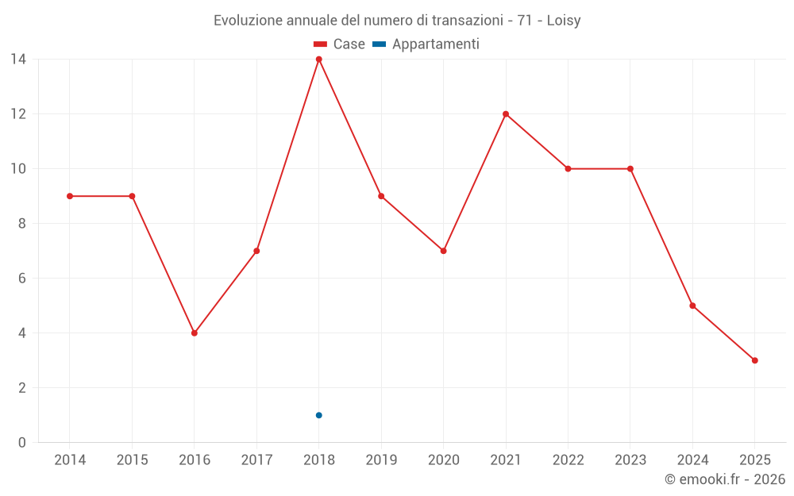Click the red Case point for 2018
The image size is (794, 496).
[318, 60]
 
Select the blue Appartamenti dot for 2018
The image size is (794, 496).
[318, 415]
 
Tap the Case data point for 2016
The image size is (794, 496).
[194, 333]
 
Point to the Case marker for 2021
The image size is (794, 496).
[506, 114]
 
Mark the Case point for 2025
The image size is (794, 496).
[754, 360]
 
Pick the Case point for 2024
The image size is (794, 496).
[692, 306]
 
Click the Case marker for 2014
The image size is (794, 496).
[70, 196]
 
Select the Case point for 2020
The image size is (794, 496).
[443, 251]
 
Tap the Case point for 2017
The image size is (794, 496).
[256, 251]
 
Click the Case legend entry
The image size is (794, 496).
[340, 44]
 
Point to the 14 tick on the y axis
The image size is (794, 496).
[17, 60]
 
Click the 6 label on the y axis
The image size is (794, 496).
[21, 279]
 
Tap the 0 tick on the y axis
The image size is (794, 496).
[21, 443]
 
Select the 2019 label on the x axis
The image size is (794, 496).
[381, 460]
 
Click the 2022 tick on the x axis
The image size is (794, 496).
[568, 460]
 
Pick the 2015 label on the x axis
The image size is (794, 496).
[132, 460]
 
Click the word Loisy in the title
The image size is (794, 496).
[564, 21]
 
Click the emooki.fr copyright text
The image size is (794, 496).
[725, 479]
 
